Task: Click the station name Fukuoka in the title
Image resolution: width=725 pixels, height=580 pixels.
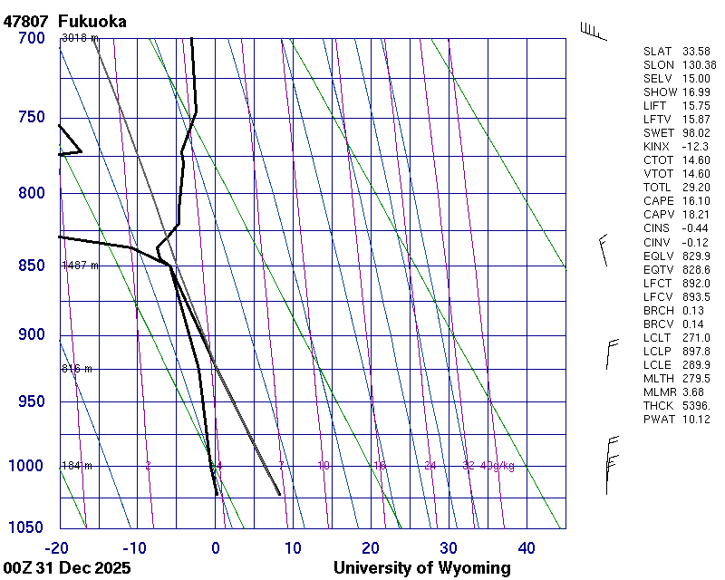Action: tap(92, 21)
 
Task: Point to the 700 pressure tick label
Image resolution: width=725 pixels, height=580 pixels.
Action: tap(32, 38)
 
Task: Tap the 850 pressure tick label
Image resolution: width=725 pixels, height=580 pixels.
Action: tap(32, 266)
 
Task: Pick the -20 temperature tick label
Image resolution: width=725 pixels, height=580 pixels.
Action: tap(58, 547)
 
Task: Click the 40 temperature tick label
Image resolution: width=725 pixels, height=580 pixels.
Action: tap(527, 547)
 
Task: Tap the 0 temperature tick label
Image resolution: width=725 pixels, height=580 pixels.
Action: tap(216, 547)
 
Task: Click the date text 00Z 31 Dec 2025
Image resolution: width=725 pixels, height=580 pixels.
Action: tap(67, 568)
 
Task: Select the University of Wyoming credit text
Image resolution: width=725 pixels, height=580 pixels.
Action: tap(421, 568)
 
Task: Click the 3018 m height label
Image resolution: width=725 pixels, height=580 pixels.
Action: tap(80, 38)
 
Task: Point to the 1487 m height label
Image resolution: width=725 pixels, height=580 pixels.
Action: tap(80, 266)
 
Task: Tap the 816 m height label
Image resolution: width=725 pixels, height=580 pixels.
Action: tap(77, 369)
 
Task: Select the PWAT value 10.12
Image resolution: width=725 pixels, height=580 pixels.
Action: tap(696, 419)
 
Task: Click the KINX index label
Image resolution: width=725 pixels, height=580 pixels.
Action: tap(656, 147)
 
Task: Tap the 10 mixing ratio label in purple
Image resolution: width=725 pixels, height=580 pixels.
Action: tap(324, 466)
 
